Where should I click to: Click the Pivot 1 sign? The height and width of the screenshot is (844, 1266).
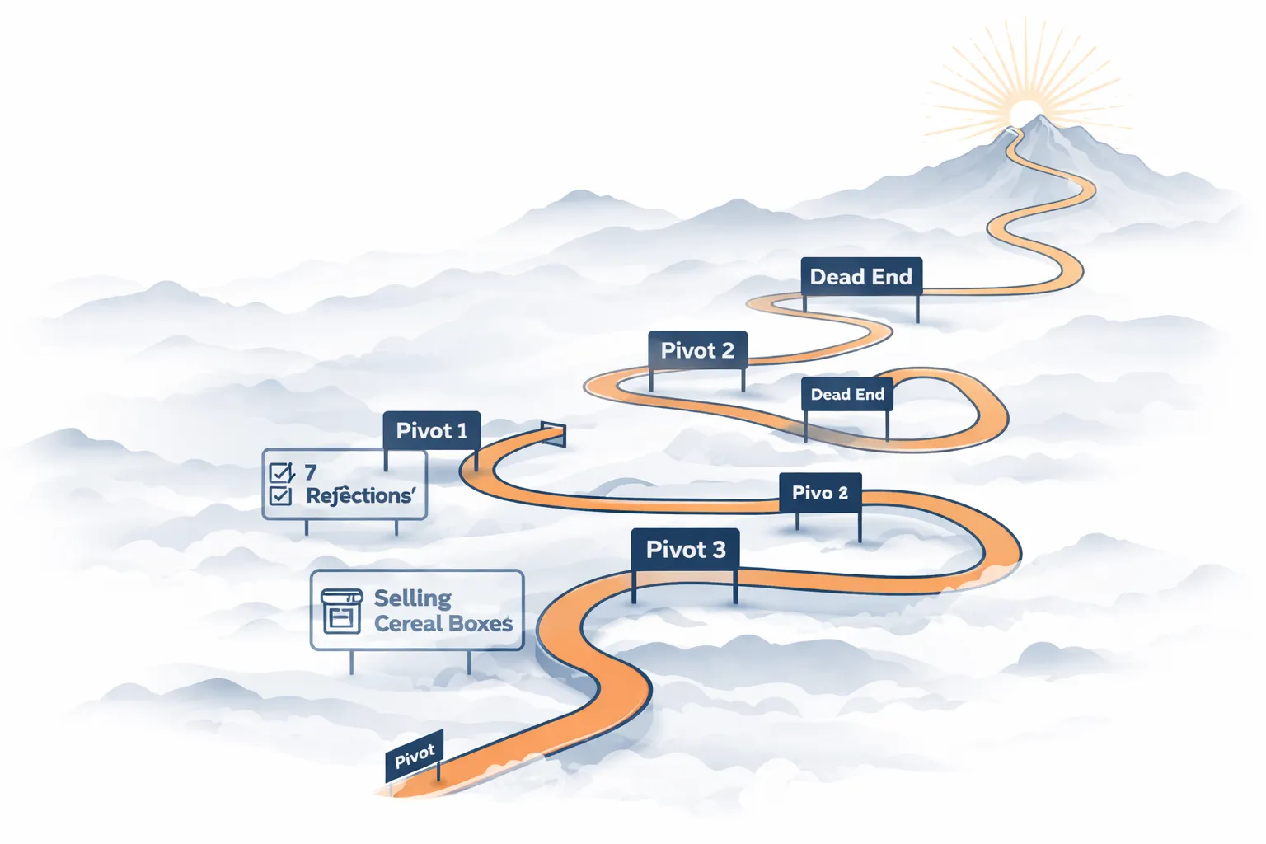tap(431, 430)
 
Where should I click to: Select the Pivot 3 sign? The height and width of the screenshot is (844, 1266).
tap(685, 549)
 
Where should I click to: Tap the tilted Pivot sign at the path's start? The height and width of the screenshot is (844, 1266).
tap(415, 755)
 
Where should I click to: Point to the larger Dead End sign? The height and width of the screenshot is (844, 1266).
tap(860, 277)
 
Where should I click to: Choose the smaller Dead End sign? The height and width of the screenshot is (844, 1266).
tap(846, 395)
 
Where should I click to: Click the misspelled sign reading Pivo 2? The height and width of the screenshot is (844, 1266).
tap(820, 493)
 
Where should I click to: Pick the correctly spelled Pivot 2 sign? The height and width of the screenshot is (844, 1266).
tap(697, 350)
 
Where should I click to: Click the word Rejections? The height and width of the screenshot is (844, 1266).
tap(360, 495)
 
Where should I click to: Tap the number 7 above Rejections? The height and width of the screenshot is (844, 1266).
tap(311, 472)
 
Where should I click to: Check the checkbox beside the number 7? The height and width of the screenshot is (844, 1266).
tap(281, 473)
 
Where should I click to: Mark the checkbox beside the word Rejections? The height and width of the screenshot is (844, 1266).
tap(281, 495)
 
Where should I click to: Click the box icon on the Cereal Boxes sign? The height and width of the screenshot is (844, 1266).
tap(341, 610)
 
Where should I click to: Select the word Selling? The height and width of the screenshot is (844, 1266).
tap(412, 598)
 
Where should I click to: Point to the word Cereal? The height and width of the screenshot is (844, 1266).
tap(407, 624)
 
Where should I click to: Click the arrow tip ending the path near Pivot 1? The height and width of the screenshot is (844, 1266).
tap(554, 434)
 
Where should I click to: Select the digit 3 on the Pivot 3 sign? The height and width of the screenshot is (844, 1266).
tap(719, 550)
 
